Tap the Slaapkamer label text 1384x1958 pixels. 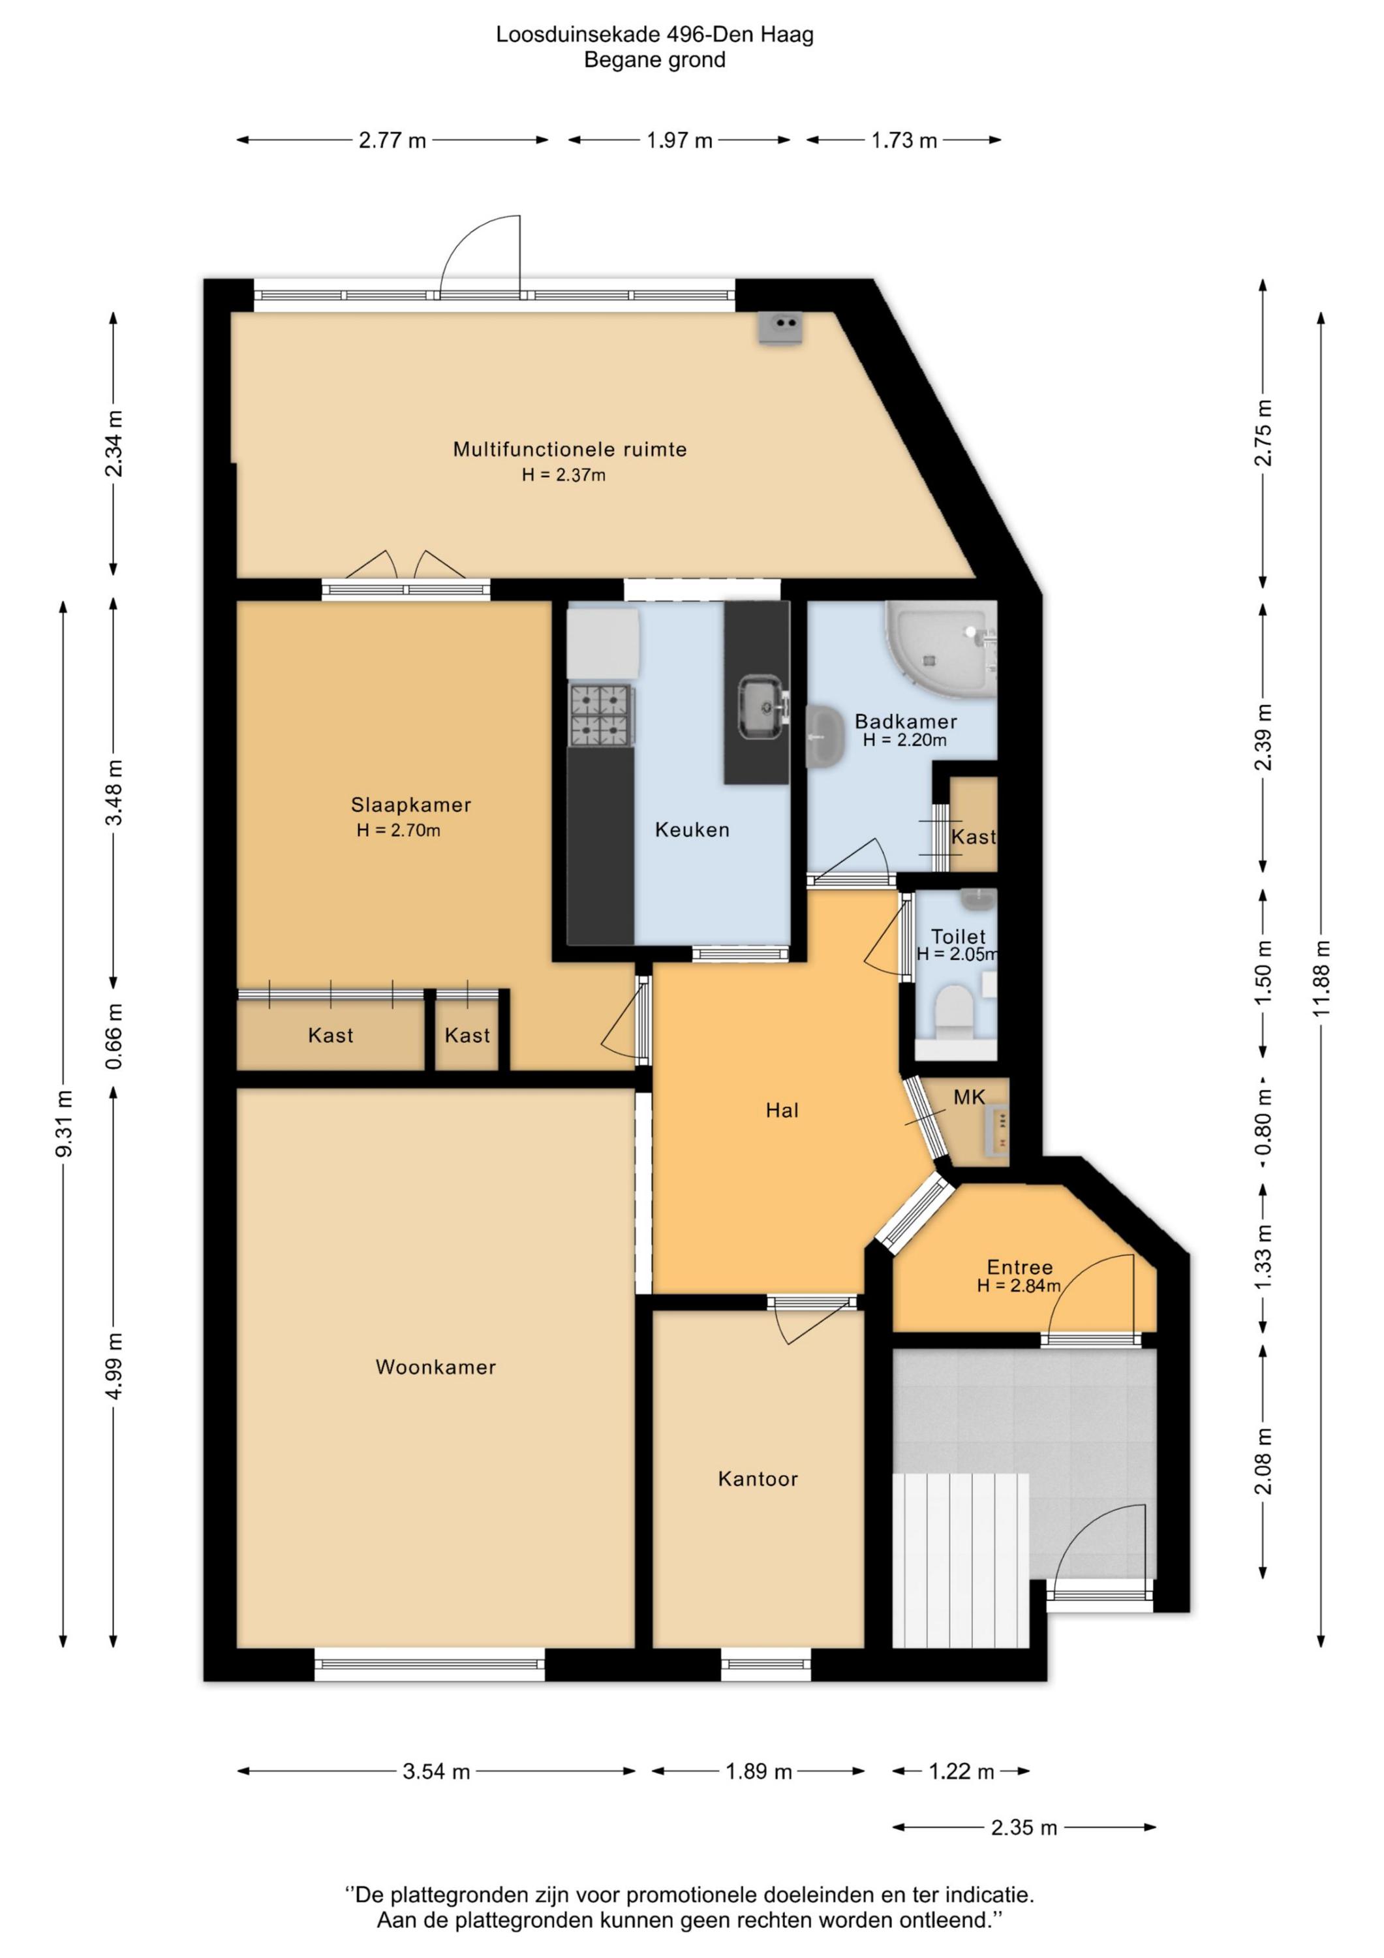pos(411,805)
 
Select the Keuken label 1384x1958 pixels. pos(692,830)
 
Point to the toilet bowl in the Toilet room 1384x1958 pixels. pos(953,1012)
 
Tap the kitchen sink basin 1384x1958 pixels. pos(761,706)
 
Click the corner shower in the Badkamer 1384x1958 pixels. pos(940,646)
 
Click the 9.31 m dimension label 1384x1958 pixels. pos(63,1123)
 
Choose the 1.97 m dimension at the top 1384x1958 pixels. pos(679,141)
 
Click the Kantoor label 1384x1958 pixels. pos(757,1479)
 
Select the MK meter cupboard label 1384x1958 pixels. pos(970,1098)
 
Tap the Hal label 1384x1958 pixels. pos(782,1110)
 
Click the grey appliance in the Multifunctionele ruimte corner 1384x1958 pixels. pos(781,328)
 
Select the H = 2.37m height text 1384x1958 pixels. pos(564,475)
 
